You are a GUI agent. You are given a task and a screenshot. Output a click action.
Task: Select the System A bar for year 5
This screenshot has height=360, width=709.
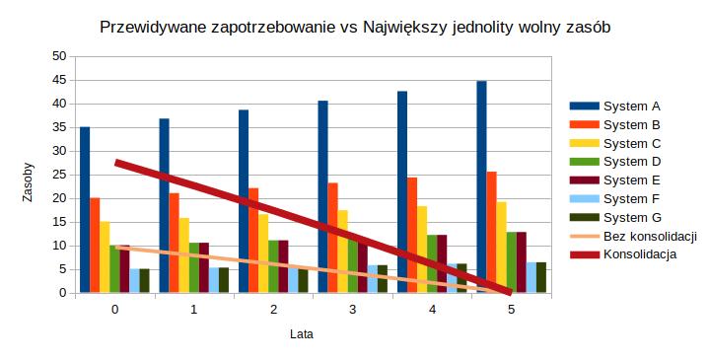pyautogui.click(x=481, y=186)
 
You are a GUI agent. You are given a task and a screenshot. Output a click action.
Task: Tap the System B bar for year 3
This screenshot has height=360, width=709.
pyautogui.click(x=332, y=238)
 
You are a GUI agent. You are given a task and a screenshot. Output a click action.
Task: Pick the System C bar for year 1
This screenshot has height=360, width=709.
pyautogui.click(x=183, y=255)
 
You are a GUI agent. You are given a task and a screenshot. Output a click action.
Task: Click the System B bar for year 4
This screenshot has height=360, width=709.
pyautogui.click(x=412, y=235)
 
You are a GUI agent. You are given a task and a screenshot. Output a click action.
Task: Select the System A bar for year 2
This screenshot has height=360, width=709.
pyautogui.click(x=244, y=201)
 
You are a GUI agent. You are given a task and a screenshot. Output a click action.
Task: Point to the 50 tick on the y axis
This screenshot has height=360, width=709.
pyautogui.click(x=58, y=56)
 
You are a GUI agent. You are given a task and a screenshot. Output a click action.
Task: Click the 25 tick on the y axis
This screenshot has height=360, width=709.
pyautogui.click(x=58, y=175)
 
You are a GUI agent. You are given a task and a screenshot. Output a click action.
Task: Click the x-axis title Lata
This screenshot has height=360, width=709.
pyautogui.click(x=302, y=334)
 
